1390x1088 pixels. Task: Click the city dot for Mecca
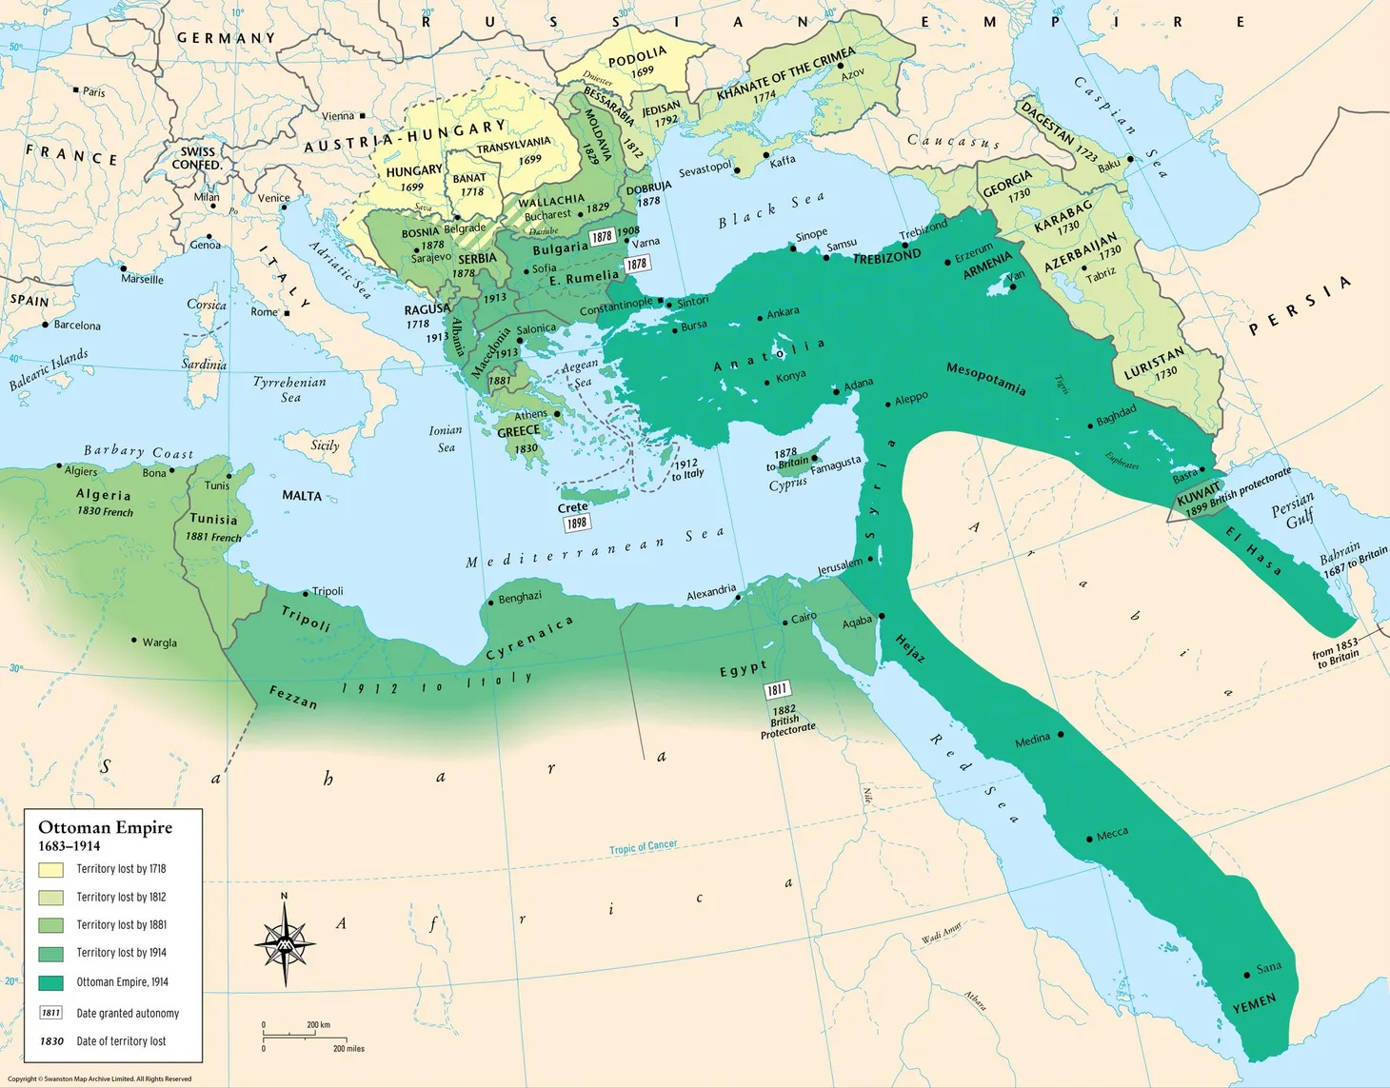1089,839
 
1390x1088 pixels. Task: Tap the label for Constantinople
616,307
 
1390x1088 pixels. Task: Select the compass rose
285,942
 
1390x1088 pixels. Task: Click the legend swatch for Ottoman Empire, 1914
51,982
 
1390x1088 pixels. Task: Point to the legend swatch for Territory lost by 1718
51,869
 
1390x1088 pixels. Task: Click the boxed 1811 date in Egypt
777,689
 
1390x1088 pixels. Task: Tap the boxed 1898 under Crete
577,523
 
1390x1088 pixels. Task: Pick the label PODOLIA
637,59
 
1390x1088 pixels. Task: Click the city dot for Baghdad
1090,425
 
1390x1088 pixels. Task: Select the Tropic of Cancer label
644,846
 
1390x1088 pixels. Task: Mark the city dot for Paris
76,90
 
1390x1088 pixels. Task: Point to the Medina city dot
1061,734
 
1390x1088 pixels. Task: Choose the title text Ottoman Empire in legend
105,827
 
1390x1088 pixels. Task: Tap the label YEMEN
1254,1004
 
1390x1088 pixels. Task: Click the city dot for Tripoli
305,593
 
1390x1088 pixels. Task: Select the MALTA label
302,496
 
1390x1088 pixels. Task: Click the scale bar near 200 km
305,1036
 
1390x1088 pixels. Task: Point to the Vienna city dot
362,116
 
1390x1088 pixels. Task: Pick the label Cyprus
787,485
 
